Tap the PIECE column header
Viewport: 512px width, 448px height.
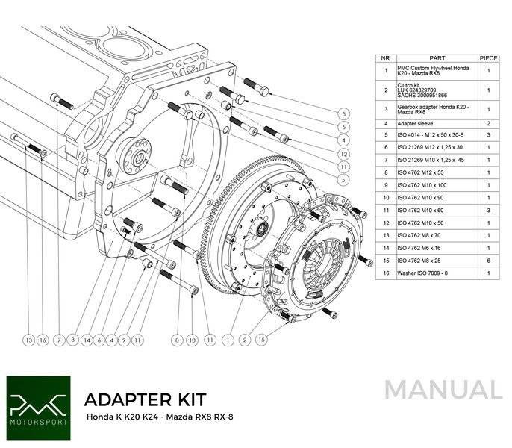[488, 57]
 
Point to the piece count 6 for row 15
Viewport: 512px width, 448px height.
[488, 260]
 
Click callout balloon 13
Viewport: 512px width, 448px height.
[29, 340]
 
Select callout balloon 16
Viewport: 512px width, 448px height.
[43, 340]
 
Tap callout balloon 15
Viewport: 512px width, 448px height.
[261, 340]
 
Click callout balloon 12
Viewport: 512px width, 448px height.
[343, 153]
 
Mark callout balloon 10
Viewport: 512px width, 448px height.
[193, 340]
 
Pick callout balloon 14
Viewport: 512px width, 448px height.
[87, 340]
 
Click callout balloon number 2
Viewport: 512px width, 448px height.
[243, 340]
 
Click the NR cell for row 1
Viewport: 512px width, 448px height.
[385, 71]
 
